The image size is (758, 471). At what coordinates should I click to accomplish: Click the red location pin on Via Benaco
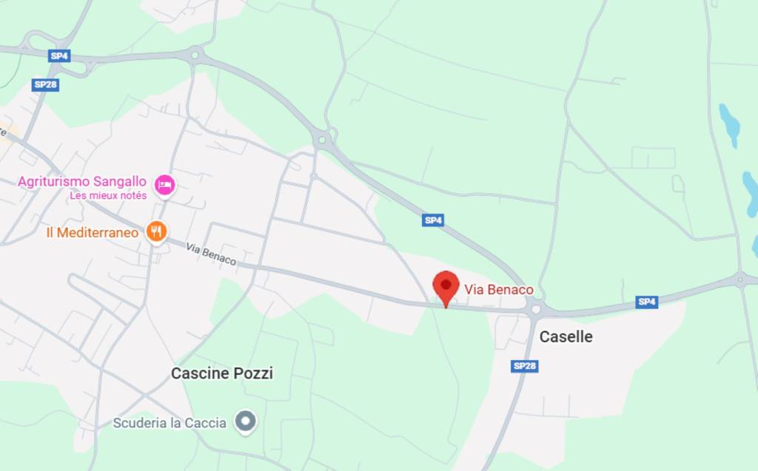(446, 286)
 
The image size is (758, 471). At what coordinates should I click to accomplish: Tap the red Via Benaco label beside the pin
(499, 289)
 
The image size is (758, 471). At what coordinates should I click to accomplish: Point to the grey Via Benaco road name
(211, 254)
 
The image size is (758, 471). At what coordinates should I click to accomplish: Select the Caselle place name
(566, 336)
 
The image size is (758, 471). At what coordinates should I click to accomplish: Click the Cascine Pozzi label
(221, 373)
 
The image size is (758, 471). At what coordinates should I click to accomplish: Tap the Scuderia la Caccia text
(169, 423)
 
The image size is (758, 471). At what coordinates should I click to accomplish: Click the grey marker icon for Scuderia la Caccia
(245, 421)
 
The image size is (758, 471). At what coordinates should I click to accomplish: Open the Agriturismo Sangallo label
(84, 181)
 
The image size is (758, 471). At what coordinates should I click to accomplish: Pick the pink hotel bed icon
(164, 185)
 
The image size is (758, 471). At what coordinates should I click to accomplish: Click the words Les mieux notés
(108, 196)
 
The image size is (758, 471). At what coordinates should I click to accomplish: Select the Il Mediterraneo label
(92, 232)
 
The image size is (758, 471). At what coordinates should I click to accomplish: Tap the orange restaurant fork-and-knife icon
(155, 232)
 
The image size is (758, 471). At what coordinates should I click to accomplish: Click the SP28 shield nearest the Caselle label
(524, 366)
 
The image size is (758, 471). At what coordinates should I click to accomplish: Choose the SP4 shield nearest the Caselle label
(646, 302)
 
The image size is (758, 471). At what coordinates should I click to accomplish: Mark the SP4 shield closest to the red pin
(433, 220)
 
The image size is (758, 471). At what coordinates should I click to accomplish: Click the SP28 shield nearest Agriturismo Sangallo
(46, 85)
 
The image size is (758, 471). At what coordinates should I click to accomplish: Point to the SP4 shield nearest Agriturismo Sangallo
(58, 55)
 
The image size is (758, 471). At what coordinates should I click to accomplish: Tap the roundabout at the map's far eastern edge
(739, 279)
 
